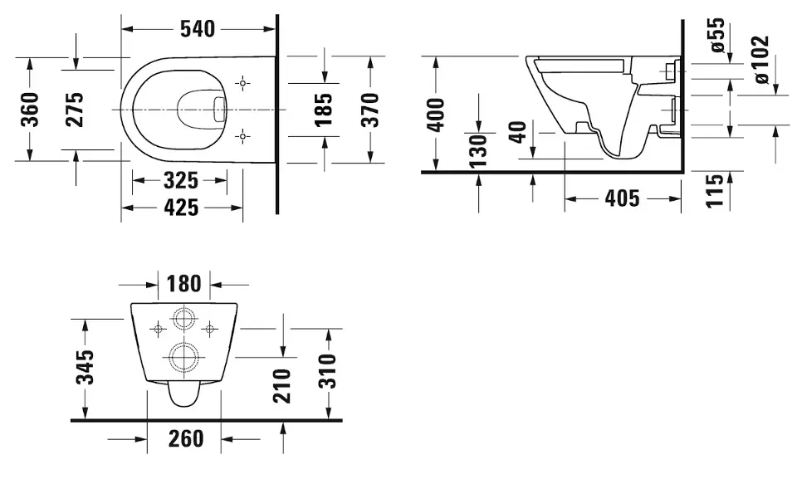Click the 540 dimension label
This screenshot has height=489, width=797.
point(198,29)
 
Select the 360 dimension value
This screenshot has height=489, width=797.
point(30,109)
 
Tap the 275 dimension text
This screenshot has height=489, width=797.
point(75,109)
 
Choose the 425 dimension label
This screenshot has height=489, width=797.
point(180,208)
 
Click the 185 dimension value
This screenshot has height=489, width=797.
point(325,109)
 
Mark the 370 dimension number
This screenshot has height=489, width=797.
point(371,109)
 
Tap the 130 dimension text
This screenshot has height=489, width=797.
point(479,150)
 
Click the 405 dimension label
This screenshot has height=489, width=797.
point(622,198)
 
